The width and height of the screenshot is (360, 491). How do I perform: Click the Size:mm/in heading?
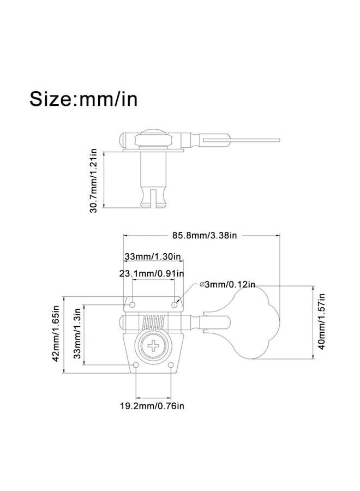click(x=83, y=99)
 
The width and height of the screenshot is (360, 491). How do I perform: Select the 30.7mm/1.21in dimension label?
click(x=93, y=181)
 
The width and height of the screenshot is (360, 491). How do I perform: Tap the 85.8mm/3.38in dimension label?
click(x=205, y=235)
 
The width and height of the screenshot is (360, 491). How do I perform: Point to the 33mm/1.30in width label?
click(x=153, y=256)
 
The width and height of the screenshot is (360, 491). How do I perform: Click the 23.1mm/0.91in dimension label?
click(x=152, y=274)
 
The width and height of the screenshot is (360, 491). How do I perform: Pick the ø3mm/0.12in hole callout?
click(x=227, y=284)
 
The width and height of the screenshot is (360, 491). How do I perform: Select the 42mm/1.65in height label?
click(x=56, y=333)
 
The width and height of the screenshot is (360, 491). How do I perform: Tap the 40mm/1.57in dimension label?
click(x=321, y=321)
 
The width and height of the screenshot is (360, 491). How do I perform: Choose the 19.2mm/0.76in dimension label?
click(x=152, y=406)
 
